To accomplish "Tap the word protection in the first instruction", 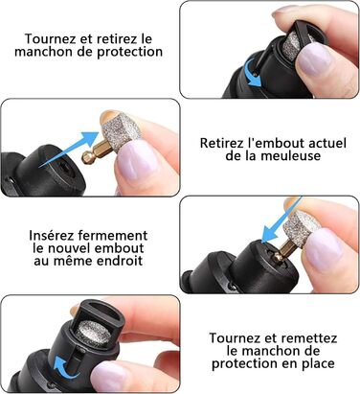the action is pos(129,52).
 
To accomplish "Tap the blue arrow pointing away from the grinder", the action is pos(70,149).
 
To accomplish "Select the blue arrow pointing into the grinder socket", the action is pos(281,220).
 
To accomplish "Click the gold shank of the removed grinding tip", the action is pos(94,154).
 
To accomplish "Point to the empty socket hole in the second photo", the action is pos(64,166).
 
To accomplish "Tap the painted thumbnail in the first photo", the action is pos(314,58).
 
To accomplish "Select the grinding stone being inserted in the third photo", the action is pos(301,228).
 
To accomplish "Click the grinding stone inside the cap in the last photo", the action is pos(95,333).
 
